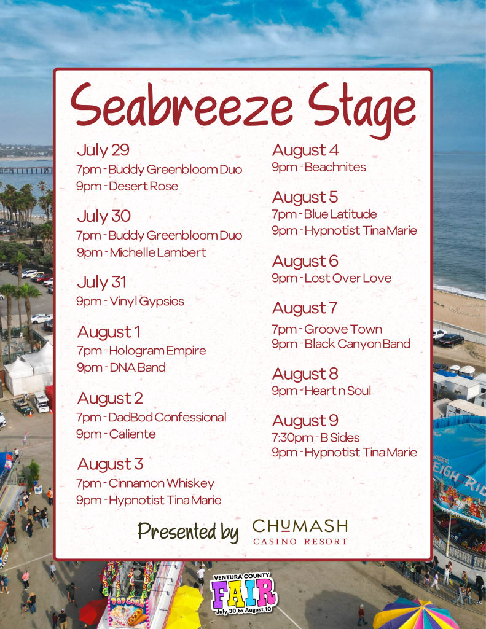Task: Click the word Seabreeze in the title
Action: [181, 106]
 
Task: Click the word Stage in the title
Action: [363, 109]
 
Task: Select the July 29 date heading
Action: [103, 151]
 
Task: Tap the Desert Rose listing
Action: [127, 187]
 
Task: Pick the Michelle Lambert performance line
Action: [141, 252]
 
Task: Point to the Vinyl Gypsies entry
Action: [130, 302]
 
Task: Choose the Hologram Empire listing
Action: [141, 351]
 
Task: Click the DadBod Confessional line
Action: [151, 418]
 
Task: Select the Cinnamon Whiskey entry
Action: [145, 484]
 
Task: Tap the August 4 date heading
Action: [305, 151]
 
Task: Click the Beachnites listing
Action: [319, 167]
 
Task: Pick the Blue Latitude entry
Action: [324, 214]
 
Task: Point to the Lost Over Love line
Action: [332, 278]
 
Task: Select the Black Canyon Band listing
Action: [341, 344]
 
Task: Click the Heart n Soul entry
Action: [321, 391]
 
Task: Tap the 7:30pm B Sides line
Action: [316, 437]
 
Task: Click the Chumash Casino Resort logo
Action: [300, 532]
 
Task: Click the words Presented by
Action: [188, 533]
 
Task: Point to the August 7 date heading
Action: [305, 308]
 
